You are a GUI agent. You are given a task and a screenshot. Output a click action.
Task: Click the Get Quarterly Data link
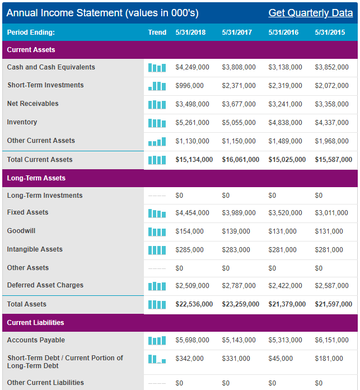click(311, 13)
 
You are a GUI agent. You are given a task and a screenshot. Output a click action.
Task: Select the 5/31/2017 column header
click(237, 32)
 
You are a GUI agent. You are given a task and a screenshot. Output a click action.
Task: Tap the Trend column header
click(157, 32)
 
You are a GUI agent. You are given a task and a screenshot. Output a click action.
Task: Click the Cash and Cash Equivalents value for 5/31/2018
click(192, 67)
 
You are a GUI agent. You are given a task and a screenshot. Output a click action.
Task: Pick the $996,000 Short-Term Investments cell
click(190, 86)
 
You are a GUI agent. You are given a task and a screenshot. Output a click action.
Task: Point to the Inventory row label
click(22, 122)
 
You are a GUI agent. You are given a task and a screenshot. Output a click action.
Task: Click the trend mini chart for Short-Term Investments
click(157, 86)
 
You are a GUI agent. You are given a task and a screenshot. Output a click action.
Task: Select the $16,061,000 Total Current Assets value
click(241, 160)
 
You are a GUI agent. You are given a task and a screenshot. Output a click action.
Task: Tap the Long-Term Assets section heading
click(36, 178)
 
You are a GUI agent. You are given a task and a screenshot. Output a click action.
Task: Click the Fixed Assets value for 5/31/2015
click(331, 213)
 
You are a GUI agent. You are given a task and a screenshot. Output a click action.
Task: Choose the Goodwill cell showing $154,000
click(190, 231)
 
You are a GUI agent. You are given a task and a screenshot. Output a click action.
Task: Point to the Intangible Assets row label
click(35, 249)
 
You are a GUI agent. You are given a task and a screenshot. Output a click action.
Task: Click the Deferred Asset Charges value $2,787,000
click(239, 286)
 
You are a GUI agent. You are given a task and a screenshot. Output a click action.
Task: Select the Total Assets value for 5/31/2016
click(287, 304)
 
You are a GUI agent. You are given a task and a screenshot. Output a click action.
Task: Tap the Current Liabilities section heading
click(35, 323)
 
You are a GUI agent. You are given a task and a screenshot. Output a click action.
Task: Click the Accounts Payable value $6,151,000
click(331, 340)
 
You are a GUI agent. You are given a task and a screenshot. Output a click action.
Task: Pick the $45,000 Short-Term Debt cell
click(280, 359)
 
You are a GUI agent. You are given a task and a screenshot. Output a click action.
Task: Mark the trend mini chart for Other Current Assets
click(157, 142)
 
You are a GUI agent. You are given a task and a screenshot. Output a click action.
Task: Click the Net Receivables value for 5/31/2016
click(285, 104)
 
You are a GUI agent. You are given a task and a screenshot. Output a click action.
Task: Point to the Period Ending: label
click(31, 32)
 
